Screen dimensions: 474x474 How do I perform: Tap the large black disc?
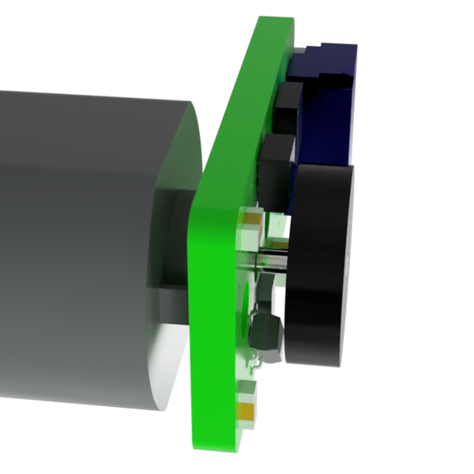click(316, 261)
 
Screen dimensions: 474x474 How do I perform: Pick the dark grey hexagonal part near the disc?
click(263, 332)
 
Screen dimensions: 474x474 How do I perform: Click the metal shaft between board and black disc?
click(273, 261)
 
